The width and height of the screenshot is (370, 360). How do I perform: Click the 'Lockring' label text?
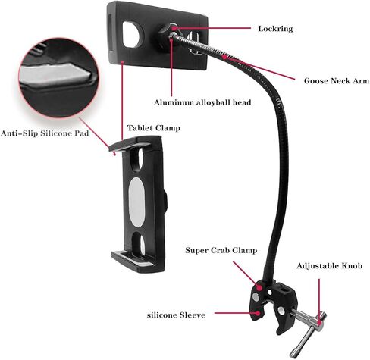(275, 29)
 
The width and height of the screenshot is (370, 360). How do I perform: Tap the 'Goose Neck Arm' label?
(337, 81)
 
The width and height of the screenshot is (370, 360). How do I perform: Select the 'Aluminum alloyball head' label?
(202, 102)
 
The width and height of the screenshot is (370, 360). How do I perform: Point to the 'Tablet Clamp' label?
(154, 128)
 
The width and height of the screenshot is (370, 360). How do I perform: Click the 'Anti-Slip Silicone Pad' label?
(45, 133)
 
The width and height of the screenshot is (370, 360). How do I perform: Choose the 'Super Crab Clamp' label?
(221, 250)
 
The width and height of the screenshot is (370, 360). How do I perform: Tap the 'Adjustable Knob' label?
(329, 266)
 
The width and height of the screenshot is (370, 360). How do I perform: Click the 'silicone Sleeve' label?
(176, 315)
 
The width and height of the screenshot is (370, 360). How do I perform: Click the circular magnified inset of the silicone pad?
(58, 77)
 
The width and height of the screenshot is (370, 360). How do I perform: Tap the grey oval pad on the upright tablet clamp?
(136, 202)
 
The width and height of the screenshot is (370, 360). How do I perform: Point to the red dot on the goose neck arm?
(224, 57)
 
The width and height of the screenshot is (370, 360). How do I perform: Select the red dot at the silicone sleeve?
(258, 313)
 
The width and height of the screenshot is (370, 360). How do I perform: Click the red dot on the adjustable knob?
(319, 323)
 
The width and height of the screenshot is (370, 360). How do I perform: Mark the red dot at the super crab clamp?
(259, 287)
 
